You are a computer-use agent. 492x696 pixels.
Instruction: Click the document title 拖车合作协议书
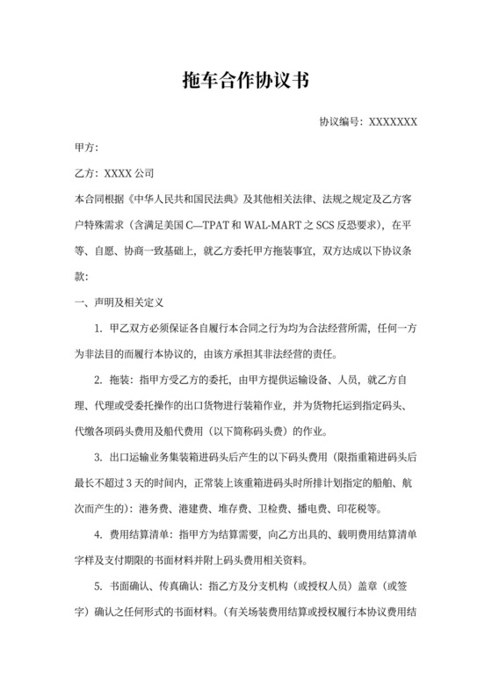[246, 80]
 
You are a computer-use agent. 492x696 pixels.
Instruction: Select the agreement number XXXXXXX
[393, 121]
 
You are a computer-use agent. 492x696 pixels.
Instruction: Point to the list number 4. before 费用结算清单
[98, 534]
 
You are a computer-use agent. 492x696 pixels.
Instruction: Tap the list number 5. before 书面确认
[98, 586]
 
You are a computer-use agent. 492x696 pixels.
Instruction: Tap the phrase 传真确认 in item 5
[182, 586]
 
